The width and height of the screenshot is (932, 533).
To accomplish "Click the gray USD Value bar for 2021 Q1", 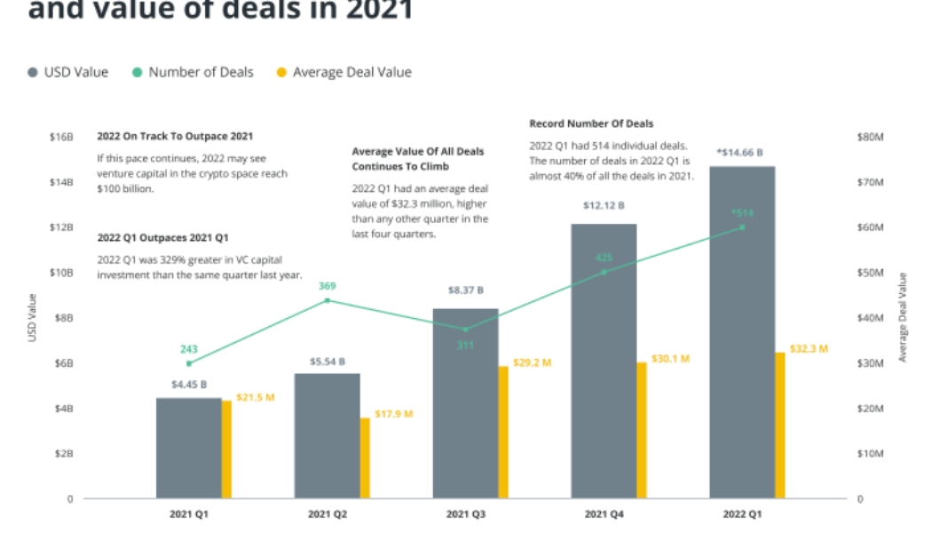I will pos(188,448).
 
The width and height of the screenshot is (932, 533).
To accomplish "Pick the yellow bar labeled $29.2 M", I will pos(503,432).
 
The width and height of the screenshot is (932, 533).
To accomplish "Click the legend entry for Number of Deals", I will pos(193,72).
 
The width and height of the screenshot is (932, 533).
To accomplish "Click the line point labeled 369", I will pos(327,300).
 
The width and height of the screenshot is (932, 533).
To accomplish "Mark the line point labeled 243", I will pos(188,363).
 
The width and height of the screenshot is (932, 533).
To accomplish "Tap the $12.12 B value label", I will pos(604,205).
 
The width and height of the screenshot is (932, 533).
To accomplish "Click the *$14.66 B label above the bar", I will pos(741,152).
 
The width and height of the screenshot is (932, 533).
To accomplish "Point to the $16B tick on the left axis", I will pos(61,138).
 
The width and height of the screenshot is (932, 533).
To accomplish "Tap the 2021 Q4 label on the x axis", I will pos(604,514).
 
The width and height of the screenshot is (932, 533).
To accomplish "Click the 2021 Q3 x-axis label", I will pos(465,514).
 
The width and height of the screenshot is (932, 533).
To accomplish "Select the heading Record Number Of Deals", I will pos(591,123).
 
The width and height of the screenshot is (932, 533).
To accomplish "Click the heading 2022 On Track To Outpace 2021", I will pos(175,136).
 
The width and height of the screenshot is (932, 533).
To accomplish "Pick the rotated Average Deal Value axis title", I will pos(903,317).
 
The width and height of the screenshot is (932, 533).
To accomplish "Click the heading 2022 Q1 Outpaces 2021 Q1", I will pos(162,238).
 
